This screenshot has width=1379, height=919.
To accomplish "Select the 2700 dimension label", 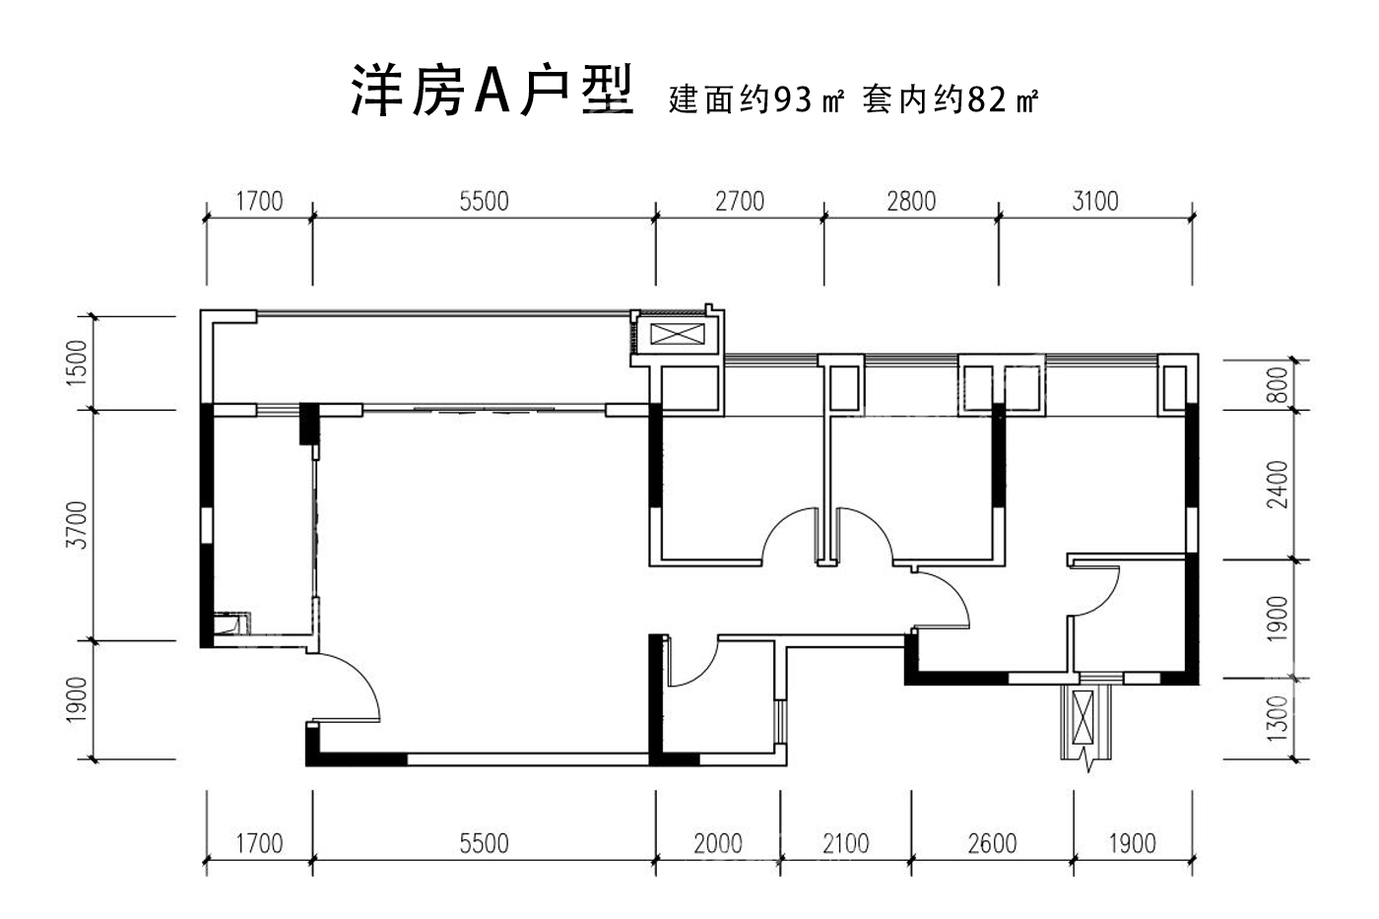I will [x=739, y=201].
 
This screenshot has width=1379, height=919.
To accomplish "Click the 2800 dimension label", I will [x=911, y=201].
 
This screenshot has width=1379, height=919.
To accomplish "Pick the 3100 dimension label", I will [x=1094, y=201].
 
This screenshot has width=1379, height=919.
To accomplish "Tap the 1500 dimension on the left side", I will [x=78, y=362].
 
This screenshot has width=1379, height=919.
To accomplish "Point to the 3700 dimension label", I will [x=78, y=525].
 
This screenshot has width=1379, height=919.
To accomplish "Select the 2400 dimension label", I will [x=1278, y=484].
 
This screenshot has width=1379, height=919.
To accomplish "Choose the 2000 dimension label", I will [x=718, y=843].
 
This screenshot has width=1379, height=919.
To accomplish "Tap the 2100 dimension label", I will [x=845, y=843].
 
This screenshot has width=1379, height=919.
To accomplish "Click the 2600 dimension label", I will [x=991, y=843].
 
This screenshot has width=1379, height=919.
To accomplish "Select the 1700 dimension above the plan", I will [x=259, y=201].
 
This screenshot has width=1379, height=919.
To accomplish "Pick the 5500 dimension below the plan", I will [x=484, y=843].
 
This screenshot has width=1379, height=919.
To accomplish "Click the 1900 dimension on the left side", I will [x=78, y=700].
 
